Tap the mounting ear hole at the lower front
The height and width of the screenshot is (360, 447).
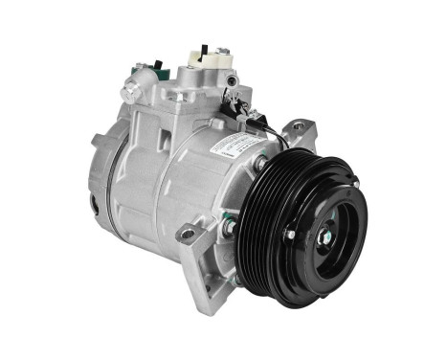(188, 234)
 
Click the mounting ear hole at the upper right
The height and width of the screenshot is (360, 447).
(298, 125)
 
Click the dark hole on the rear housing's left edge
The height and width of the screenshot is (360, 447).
(94, 204)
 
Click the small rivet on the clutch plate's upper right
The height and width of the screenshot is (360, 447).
(353, 183)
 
